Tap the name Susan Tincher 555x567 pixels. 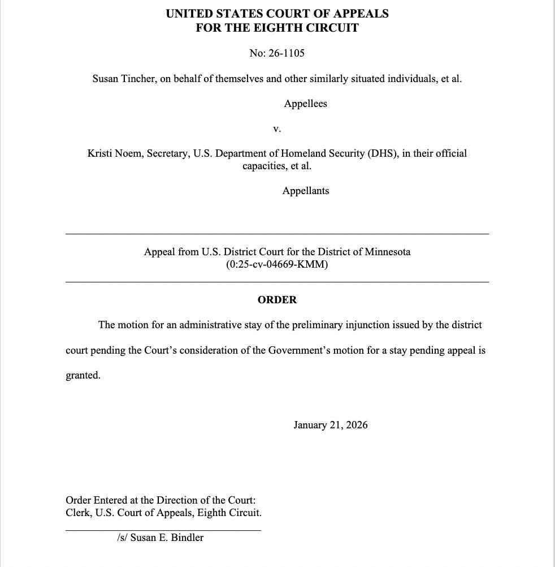pos(124,79)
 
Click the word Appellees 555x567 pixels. pos(305,104)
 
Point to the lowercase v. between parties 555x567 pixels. pos(277,128)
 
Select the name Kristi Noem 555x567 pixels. pos(115,153)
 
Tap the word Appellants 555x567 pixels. pos(305,191)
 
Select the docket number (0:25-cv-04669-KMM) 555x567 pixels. pos(277,264)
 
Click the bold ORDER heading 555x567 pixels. pos(277,300)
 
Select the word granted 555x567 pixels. pos(83,375)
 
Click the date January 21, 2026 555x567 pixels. pos(330,425)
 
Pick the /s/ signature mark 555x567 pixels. pos(122,538)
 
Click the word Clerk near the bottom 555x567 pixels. pos(78,513)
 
